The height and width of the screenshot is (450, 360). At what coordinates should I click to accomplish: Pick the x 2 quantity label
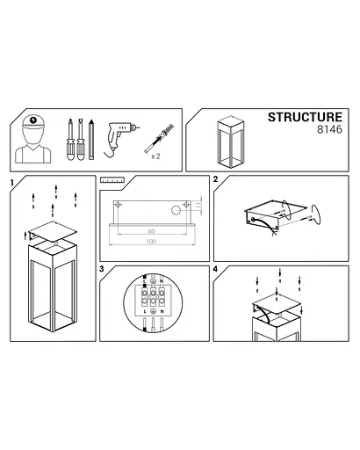155,156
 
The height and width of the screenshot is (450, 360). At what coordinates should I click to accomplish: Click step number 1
11,182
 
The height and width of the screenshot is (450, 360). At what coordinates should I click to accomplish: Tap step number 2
216,179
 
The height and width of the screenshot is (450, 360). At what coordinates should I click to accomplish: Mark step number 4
216,269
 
